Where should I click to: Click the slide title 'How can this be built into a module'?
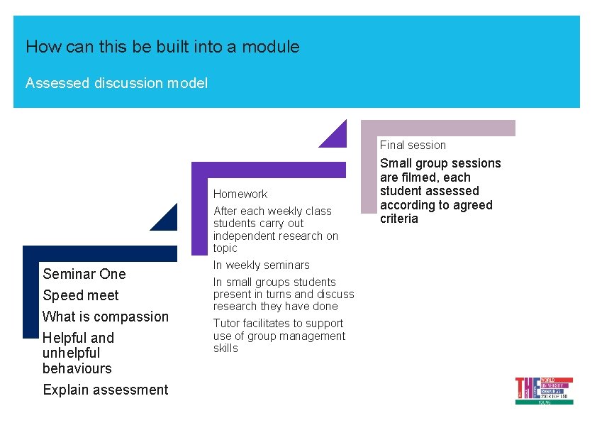(162, 48)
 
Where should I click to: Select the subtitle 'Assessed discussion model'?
(116, 83)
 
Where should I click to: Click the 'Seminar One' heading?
(84, 274)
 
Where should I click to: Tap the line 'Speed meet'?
(81, 295)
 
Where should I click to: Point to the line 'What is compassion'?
(106, 317)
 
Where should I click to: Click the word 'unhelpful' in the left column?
(71, 353)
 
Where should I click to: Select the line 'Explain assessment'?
(106, 390)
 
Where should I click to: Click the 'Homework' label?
(240, 194)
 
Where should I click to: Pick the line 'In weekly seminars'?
(262, 265)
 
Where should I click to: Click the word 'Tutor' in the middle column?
(228, 324)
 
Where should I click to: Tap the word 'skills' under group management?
(225, 348)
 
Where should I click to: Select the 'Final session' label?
(413, 145)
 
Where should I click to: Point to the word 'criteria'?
(399, 219)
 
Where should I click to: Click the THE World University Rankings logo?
(544, 390)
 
